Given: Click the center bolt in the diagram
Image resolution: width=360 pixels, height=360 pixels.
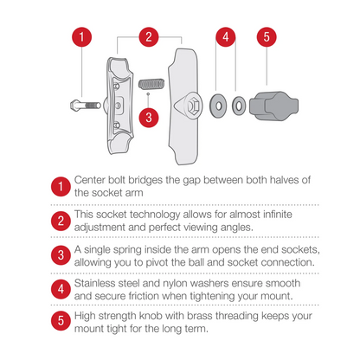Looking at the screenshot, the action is [x=86, y=105].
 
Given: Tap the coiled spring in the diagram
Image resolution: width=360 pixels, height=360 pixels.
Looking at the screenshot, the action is [x=151, y=84].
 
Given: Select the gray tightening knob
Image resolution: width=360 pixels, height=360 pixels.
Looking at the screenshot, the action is [x=273, y=106].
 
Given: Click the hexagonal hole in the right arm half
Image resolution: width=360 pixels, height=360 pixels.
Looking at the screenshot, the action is [x=192, y=106].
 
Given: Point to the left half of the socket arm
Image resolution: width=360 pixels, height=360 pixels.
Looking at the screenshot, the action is [x=119, y=106].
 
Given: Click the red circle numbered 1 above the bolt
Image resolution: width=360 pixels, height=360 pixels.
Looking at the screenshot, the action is [x=81, y=37].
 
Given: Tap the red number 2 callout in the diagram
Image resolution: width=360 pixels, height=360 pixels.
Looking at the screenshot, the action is [x=149, y=37].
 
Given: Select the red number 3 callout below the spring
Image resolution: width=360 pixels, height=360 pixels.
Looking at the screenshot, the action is [x=149, y=118].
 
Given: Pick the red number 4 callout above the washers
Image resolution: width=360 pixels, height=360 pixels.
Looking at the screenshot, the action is [x=226, y=37].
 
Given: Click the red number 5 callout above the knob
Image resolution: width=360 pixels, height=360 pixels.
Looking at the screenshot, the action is [x=267, y=37].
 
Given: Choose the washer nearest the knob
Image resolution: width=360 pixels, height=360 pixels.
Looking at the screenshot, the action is [x=239, y=106].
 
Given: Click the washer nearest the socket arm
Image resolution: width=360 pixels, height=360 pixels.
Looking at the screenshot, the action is [x=218, y=106].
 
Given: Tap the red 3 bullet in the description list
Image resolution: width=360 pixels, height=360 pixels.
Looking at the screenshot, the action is [x=61, y=255].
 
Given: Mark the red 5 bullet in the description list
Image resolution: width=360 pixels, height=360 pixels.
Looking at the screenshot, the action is [x=61, y=320].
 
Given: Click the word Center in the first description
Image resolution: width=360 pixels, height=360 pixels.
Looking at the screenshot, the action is [x=90, y=180].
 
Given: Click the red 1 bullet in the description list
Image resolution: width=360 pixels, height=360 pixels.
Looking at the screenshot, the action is [x=61, y=187].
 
